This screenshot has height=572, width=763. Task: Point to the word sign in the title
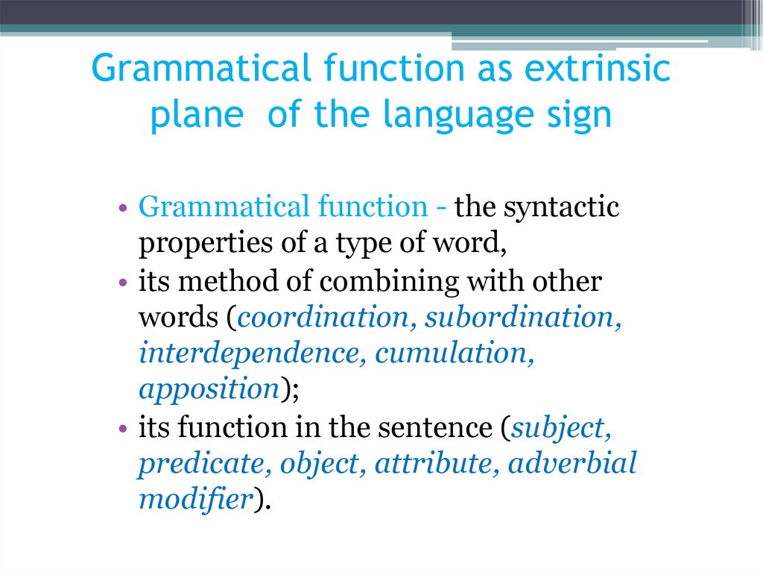click(579, 116)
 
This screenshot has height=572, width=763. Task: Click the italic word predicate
click(205, 464)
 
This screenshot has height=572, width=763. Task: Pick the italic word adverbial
click(572, 464)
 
